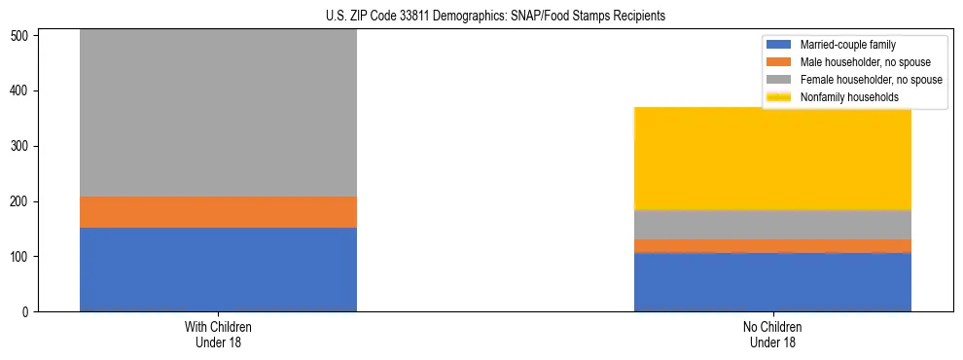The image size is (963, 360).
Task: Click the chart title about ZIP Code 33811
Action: (x=495, y=16)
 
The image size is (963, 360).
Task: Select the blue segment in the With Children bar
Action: (x=218, y=270)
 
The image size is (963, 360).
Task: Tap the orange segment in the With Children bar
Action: (x=218, y=212)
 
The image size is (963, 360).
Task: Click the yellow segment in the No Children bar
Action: (x=772, y=159)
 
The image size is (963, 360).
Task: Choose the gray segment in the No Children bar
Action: (x=772, y=225)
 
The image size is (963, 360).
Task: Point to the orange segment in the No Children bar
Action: (x=772, y=246)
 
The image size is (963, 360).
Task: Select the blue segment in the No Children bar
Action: (x=772, y=282)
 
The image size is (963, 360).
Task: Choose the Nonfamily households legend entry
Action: (x=843, y=97)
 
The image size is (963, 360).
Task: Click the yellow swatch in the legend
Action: (x=780, y=97)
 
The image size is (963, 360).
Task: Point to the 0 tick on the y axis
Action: (x=28, y=312)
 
